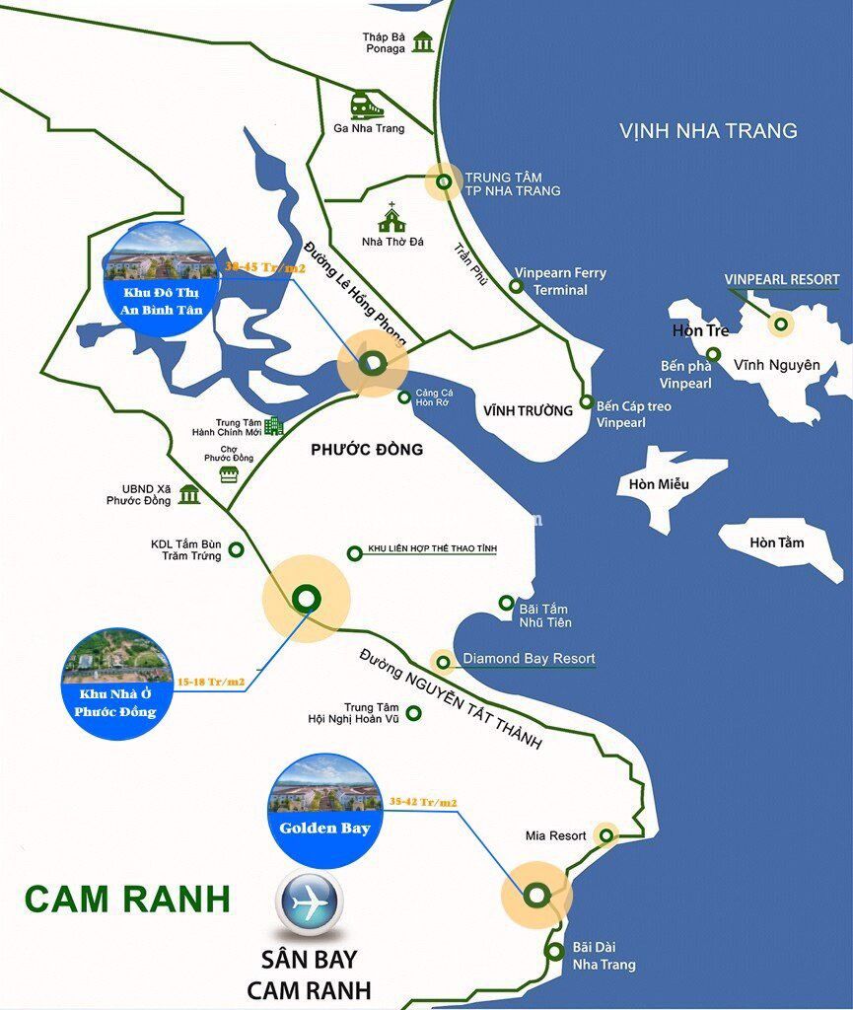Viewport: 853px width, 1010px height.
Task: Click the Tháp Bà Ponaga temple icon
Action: (x=423, y=42)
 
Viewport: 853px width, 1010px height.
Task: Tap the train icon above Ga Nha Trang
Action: (x=361, y=104)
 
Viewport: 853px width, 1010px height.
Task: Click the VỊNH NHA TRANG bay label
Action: (x=708, y=130)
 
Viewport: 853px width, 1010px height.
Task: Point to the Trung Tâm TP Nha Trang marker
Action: (x=444, y=181)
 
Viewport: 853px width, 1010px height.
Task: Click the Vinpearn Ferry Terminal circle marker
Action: (x=516, y=286)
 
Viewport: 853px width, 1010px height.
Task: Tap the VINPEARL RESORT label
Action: (x=781, y=279)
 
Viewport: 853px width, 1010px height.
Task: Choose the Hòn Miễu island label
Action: (x=659, y=484)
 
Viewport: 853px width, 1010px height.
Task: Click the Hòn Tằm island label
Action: (x=776, y=542)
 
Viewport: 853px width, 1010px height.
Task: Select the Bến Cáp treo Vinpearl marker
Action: (x=586, y=402)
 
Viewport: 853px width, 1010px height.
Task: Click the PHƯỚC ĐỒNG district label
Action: (x=366, y=450)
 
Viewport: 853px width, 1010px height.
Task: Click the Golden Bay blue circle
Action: (x=324, y=811)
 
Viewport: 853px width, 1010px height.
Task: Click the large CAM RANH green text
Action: (x=127, y=900)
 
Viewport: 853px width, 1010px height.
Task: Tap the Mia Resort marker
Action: (x=606, y=835)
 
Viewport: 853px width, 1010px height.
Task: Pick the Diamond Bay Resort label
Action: (x=529, y=659)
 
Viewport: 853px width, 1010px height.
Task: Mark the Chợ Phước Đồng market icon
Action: (x=229, y=475)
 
